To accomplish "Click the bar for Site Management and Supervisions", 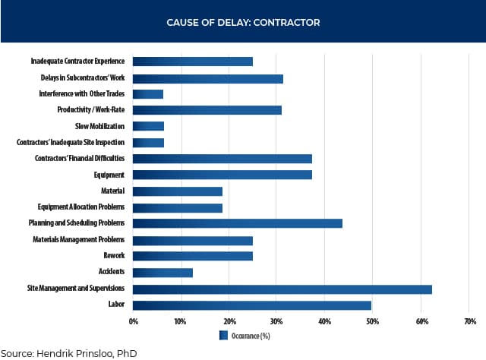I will [x=282, y=289].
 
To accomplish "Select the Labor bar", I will [x=252, y=305].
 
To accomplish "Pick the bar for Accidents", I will [x=163, y=272].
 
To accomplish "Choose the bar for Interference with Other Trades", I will [x=148, y=94].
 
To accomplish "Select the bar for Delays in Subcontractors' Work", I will [x=208, y=78].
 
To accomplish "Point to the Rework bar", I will [x=193, y=256].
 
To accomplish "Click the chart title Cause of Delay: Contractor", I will [x=243, y=23].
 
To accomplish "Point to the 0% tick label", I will [x=134, y=321].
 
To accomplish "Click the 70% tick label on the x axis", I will [x=469, y=321].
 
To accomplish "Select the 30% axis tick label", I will [x=277, y=321].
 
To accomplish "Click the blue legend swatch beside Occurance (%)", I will [x=223, y=334].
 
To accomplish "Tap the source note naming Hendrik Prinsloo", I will [x=68, y=352].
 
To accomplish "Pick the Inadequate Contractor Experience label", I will [x=78, y=62].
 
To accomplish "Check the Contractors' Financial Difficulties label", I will [x=80, y=159].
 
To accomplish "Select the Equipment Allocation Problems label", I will [x=81, y=207].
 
